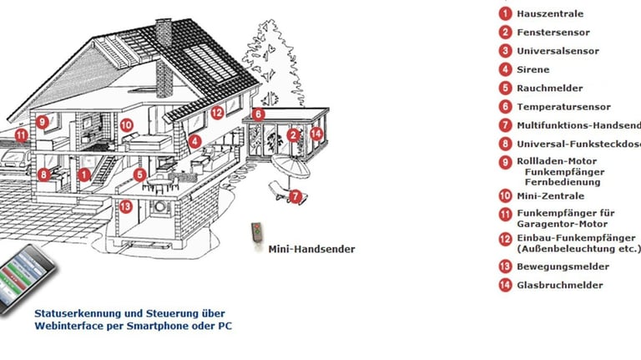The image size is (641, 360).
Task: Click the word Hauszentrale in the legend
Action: click(x=549, y=13)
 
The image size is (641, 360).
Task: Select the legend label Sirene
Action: click(x=532, y=69)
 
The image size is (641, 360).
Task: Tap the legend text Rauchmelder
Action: click(x=548, y=88)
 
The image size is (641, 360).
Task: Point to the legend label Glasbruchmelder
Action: click(x=559, y=285)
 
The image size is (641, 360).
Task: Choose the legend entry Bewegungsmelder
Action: click(x=563, y=266)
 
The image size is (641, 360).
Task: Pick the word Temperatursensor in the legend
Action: click(x=563, y=107)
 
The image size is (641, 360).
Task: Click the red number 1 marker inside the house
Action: click(x=84, y=175)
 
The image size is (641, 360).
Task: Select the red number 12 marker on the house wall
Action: click(x=217, y=112)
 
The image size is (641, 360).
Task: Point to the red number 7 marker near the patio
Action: click(x=296, y=197)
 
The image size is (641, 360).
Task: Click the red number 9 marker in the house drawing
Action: click(x=43, y=121)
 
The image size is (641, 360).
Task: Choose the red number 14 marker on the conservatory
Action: click(x=316, y=133)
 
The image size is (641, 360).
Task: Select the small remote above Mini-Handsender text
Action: click(x=258, y=234)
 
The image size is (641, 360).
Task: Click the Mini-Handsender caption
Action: click(x=311, y=249)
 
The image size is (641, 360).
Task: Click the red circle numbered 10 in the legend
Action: click(x=505, y=196)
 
